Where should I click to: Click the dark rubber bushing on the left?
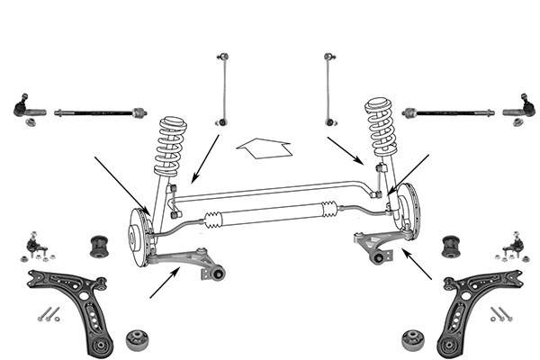(x=101, y=244)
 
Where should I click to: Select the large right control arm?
(x=472, y=306)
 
